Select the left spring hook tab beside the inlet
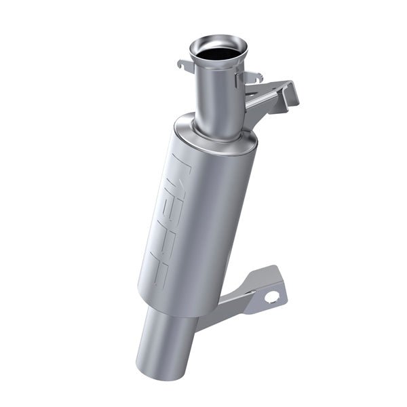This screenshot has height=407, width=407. pos(184,66)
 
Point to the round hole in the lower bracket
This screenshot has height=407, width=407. pos(272,296)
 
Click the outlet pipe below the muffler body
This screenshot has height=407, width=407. pos(166,339)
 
